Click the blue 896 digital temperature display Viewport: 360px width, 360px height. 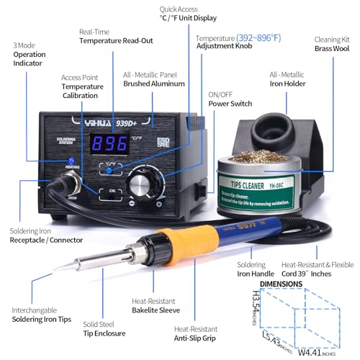point(114,145)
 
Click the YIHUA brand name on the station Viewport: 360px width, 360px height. point(99,120)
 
